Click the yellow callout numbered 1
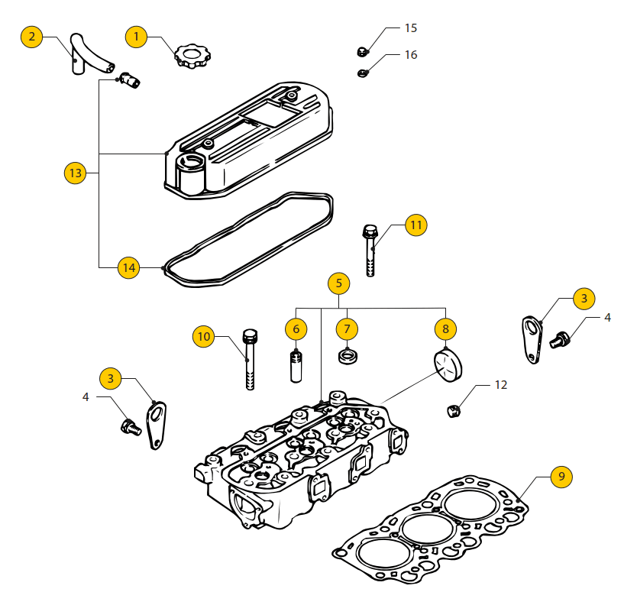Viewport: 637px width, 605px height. click(x=137, y=36)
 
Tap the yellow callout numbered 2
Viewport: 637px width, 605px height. click(x=31, y=37)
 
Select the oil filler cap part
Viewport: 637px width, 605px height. click(x=188, y=56)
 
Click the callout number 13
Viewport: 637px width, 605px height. click(x=75, y=173)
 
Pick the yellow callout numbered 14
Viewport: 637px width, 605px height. click(x=128, y=267)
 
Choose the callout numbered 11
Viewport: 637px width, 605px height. click(x=416, y=225)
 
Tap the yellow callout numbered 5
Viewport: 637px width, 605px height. click(x=339, y=283)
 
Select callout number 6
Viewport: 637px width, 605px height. click(x=296, y=329)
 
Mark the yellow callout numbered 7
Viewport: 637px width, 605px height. click(x=347, y=329)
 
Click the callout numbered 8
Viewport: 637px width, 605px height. click(x=445, y=329)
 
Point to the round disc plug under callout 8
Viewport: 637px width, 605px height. click(x=449, y=364)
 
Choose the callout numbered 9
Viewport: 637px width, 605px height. click(x=561, y=476)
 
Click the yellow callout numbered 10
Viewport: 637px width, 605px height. click(x=203, y=336)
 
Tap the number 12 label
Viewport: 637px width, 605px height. click(x=500, y=385)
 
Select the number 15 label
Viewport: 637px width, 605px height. click(x=411, y=28)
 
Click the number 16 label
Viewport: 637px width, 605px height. click(x=411, y=55)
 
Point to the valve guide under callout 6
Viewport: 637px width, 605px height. click(x=296, y=366)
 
